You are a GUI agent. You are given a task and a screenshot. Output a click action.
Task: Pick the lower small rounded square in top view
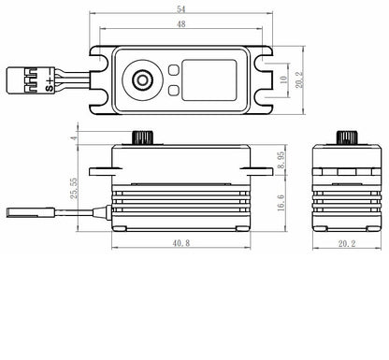coord(174,91)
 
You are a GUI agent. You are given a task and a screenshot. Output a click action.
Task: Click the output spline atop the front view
coord(142,137)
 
